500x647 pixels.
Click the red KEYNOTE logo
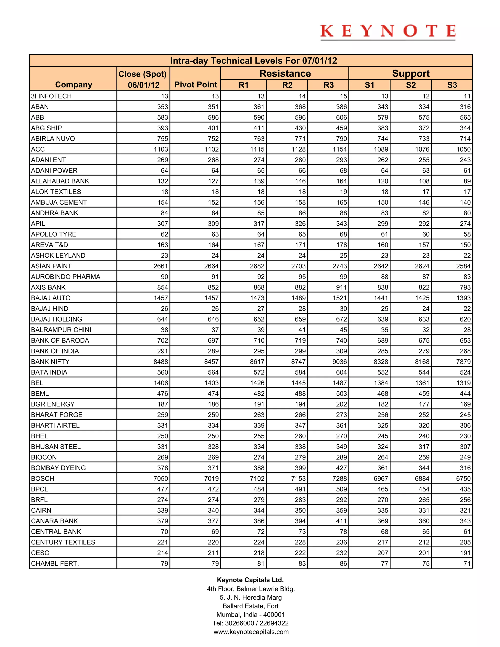tap(388, 31)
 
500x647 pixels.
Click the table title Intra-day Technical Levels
tap(254, 61)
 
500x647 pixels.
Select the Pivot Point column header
tap(196, 85)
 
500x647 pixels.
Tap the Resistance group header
tap(285, 73)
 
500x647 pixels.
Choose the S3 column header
tap(452, 85)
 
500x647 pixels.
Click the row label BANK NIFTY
tap(50, 362)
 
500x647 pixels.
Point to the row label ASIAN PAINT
tap(51, 266)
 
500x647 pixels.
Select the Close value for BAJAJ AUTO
tap(161, 298)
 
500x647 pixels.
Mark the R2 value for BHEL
tap(300, 436)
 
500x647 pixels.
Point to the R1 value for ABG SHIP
tap(259, 128)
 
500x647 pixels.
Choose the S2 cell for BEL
tap(422, 383)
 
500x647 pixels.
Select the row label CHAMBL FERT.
tap(55, 564)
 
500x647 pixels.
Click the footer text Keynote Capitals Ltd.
tap(250, 580)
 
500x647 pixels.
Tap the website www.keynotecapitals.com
tap(251, 632)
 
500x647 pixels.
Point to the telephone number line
tap(250, 623)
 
